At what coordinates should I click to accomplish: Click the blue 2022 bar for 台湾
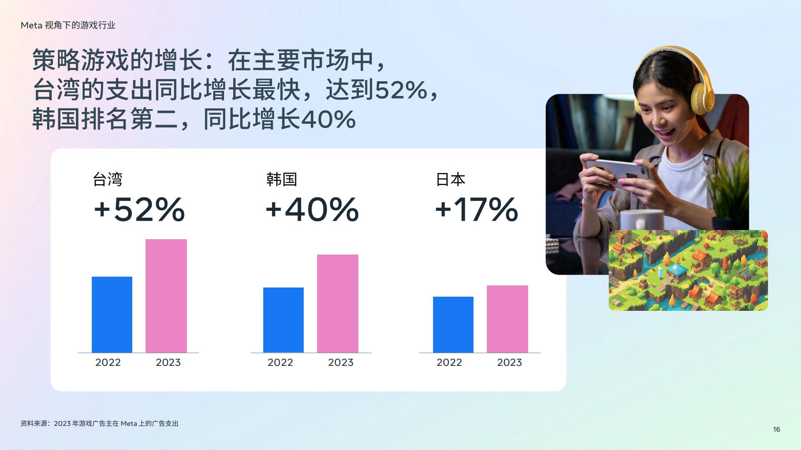112,315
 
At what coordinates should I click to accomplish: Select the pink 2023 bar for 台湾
166,296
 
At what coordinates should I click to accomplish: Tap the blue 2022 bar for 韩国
283,320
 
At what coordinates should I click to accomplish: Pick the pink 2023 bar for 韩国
338,304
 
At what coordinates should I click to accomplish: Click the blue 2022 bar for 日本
453,325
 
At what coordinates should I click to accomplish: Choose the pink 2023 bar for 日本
507,319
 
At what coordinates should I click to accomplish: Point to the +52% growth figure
139,209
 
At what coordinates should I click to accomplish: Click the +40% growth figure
312,209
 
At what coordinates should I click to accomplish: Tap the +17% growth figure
476,209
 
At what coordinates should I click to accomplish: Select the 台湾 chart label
108,180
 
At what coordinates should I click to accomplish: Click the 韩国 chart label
282,180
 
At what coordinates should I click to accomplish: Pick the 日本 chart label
451,180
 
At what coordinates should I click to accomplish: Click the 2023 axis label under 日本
509,362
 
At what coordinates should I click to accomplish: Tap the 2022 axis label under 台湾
108,362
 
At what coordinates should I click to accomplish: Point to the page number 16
776,429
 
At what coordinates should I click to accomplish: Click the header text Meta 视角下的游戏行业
68,25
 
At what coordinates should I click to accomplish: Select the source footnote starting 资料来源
99,423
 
